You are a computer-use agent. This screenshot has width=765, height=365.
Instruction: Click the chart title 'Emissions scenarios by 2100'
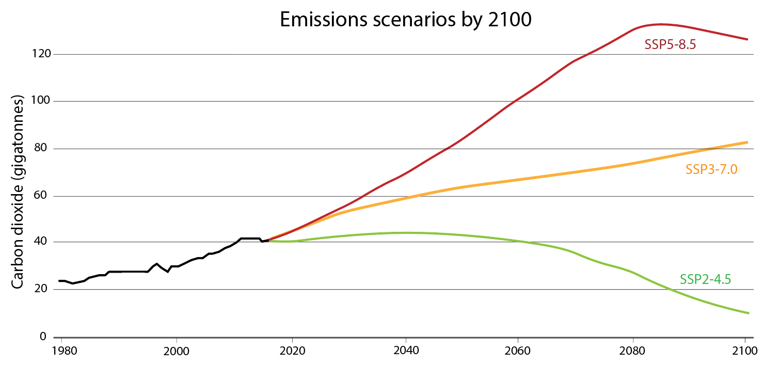click(x=405, y=19)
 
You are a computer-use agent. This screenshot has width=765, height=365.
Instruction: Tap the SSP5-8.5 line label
click(x=671, y=45)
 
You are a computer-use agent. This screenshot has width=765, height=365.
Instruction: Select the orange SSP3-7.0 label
click(x=711, y=169)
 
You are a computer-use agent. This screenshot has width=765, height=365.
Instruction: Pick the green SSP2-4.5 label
click(x=706, y=280)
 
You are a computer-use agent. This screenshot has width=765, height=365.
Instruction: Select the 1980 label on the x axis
click(x=61, y=351)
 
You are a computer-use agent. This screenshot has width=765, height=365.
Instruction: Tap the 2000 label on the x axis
click(x=177, y=351)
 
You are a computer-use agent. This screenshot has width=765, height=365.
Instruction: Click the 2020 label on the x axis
click(x=292, y=351)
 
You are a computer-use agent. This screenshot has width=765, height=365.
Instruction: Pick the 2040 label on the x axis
click(x=406, y=351)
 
